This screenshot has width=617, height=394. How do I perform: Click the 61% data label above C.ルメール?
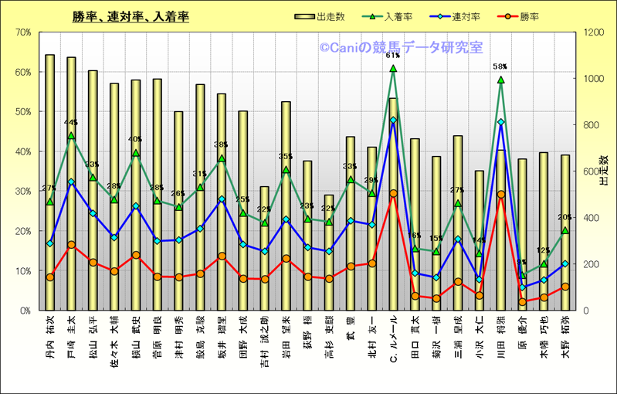pos(392,56)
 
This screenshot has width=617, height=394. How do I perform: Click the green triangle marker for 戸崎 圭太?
pos(71,136)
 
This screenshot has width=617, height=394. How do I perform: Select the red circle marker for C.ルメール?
pos(392,193)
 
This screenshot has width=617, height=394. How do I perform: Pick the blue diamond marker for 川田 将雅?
pos(500,122)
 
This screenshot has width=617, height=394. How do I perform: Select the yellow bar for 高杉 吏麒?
pos(328,255)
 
